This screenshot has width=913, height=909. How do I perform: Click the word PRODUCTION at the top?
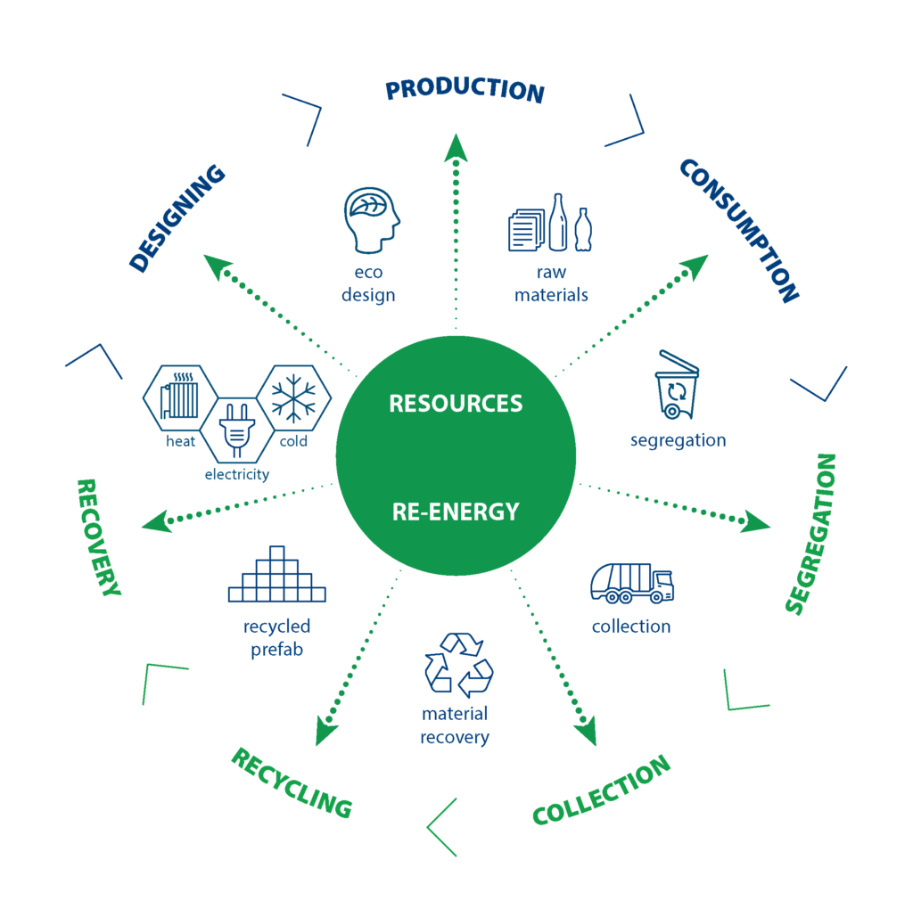(x=465, y=90)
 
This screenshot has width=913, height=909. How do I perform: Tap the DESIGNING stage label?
(x=177, y=218)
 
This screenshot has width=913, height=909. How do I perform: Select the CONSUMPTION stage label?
(x=739, y=231)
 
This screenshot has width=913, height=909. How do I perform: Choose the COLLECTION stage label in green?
(x=602, y=790)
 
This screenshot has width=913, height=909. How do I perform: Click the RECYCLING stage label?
(x=292, y=782)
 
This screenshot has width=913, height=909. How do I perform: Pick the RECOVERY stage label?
(x=98, y=536)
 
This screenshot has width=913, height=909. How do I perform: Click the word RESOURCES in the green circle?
(x=456, y=403)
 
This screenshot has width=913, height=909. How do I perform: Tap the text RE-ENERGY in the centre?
(x=456, y=512)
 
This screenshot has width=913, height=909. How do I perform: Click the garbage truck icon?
(x=631, y=583)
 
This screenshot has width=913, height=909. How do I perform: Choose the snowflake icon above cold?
(x=293, y=397)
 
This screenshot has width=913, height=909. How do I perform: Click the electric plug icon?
(x=236, y=431)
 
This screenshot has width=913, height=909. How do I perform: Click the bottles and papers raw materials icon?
(x=551, y=224)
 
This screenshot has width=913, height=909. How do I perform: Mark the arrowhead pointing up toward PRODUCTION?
(x=456, y=146)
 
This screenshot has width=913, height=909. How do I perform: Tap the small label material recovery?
(x=455, y=725)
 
